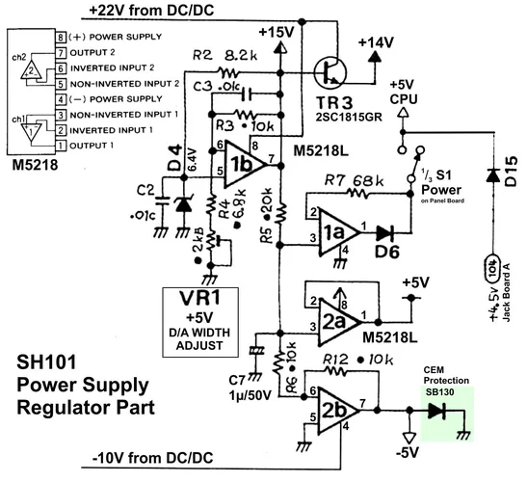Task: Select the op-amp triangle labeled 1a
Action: pos(332,232)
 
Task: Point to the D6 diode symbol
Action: pos(387,232)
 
